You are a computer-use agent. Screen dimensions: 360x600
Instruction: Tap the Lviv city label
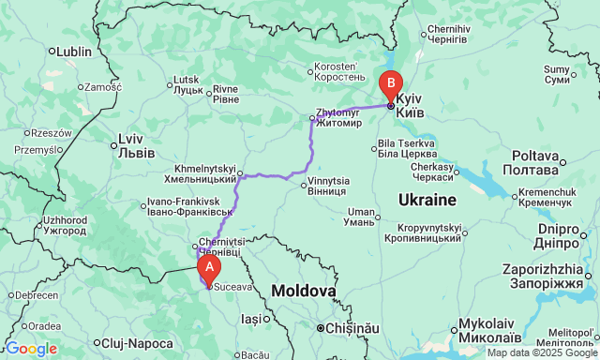[x=129, y=146]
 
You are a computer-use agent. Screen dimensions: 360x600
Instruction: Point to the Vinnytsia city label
[x=329, y=185]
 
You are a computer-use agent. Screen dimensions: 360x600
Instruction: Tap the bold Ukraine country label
[x=427, y=200]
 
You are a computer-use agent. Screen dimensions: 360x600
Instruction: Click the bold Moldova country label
[x=304, y=292]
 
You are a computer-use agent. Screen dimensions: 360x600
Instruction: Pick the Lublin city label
[x=73, y=52]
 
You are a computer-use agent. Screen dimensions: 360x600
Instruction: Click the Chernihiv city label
[x=446, y=34]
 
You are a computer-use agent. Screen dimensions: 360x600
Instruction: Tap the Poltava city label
[x=535, y=161]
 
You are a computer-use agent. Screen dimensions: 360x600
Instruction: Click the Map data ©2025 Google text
[x=540, y=353]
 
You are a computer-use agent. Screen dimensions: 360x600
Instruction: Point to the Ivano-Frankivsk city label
[x=185, y=207]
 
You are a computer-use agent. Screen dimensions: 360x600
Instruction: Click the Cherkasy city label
[x=432, y=172]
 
